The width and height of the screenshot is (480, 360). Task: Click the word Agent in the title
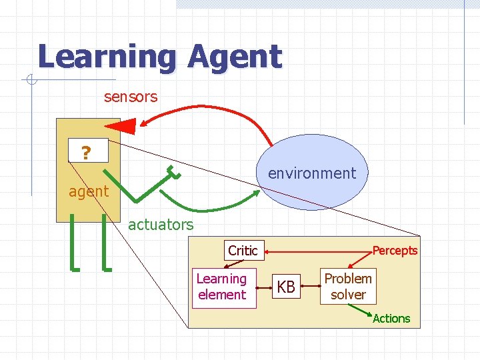tap(235, 57)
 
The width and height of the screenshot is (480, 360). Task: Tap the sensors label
tap(131, 97)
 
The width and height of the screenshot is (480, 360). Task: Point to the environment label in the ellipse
tap(312, 173)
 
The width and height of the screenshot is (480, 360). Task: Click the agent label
tap(88, 192)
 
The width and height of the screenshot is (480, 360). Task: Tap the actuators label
tap(161, 225)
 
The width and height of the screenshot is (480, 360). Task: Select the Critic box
tap(243, 251)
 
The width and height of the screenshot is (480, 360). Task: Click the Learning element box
tap(222, 287)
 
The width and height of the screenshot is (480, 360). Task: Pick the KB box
tap(286, 287)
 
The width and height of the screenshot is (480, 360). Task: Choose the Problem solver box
tap(348, 286)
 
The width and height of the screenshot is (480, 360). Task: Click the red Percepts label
tap(395, 251)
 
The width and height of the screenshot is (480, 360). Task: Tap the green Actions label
tap(391, 319)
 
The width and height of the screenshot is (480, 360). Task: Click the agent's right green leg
tap(105, 243)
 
